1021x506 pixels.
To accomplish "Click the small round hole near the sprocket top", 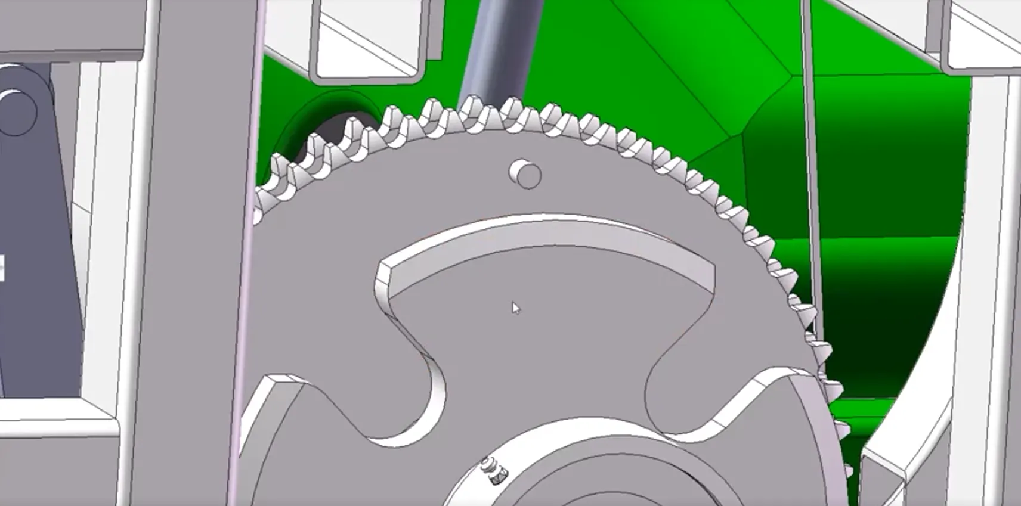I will click(x=527, y=175).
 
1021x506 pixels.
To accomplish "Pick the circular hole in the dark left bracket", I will click(x=17, y=111).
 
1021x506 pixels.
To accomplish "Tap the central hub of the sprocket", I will click(x=573, y=477).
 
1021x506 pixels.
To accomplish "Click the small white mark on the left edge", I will click(x=2, y=268).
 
